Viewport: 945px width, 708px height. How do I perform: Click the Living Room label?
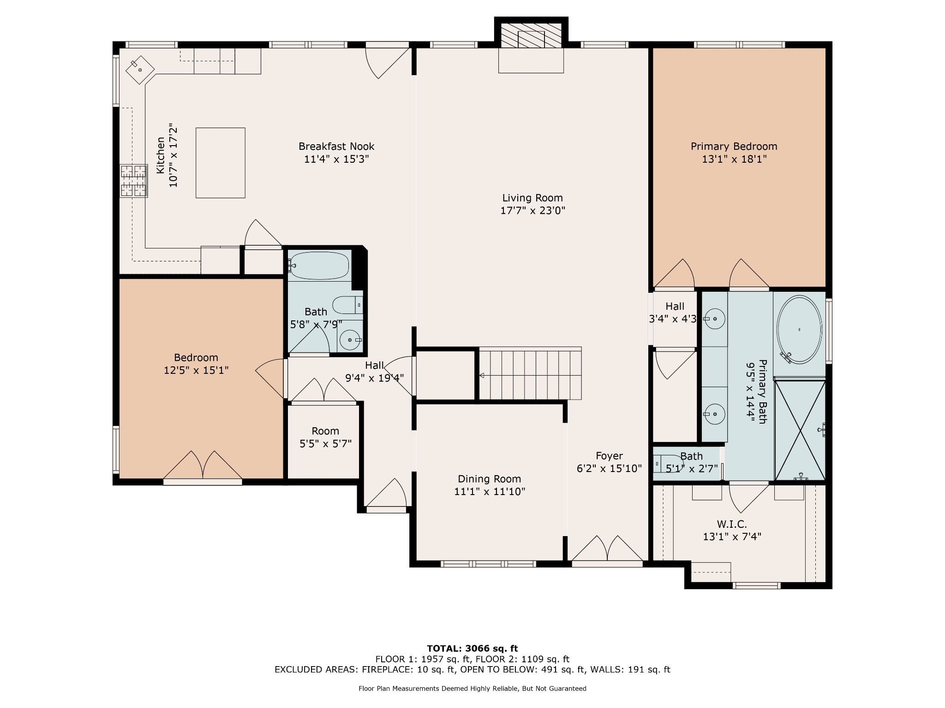(x=532, y=198)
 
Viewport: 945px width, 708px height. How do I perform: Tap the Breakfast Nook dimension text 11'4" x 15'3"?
(x=336, y=159)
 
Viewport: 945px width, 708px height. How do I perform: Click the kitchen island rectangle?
(x=221, y=163)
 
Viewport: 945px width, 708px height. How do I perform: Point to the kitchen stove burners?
(x=134, y=181)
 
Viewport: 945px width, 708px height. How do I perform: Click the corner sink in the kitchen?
(x=140, y=70)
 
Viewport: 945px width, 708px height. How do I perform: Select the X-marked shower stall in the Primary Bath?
(x=800, y=430)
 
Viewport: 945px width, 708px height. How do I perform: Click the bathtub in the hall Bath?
(x=319, y=265)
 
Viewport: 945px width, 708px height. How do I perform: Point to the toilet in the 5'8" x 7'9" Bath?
(x=347, y=305)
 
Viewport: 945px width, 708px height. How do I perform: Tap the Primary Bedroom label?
(x=734, y=147)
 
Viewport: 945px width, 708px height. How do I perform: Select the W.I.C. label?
(x=732, y=524)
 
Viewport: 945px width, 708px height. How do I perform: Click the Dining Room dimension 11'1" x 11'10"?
(x=490, y=492)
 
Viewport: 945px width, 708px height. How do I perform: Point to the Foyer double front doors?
(x=607, y=550)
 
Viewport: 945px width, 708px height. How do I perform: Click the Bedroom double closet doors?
(x=203, y=466)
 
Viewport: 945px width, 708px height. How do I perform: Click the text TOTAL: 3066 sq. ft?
(x=472, y=649)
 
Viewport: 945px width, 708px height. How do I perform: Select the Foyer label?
(x=609, y=456)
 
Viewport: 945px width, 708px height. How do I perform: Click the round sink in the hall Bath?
(x=349, y=340)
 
